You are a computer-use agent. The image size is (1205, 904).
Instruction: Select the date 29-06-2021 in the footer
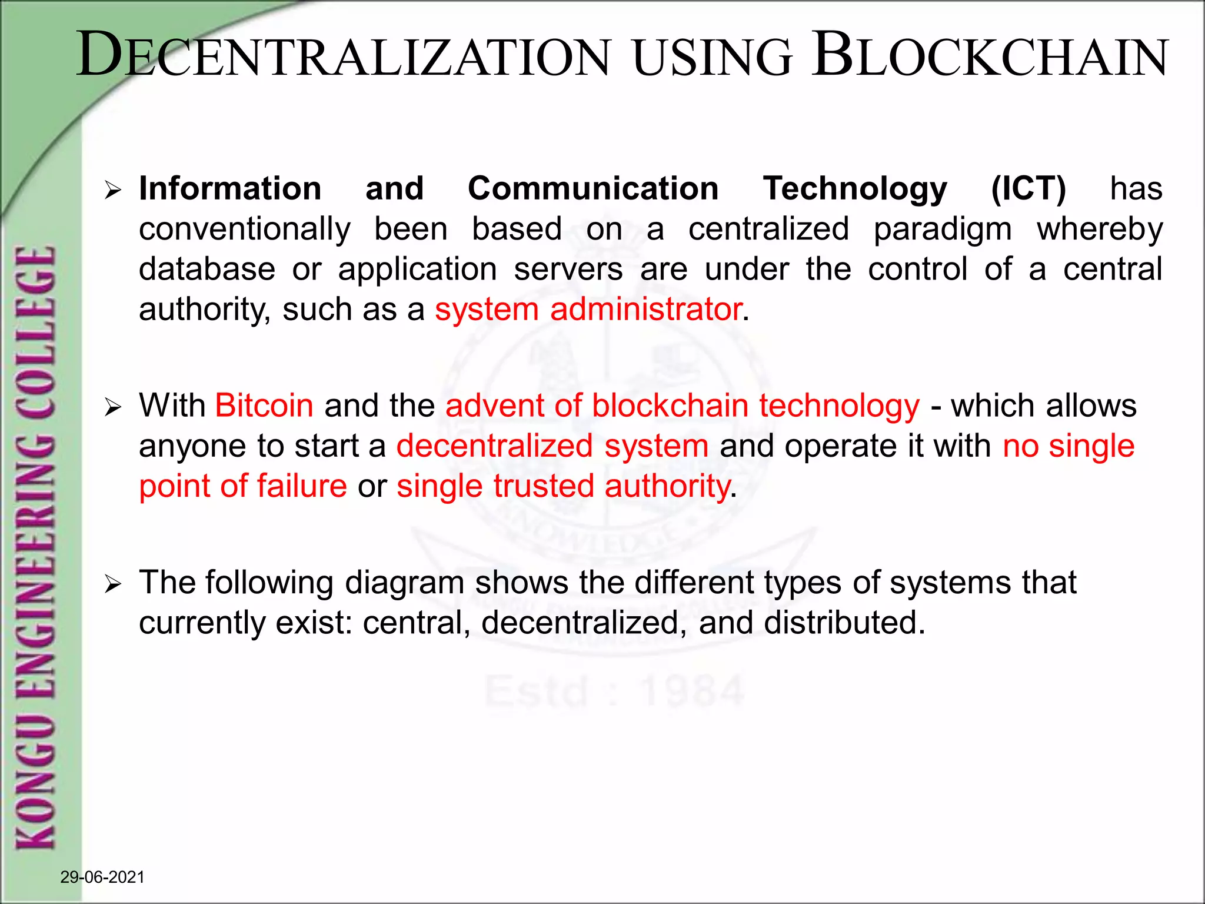(102, 877)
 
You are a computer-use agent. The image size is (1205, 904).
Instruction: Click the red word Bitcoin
(264, 406)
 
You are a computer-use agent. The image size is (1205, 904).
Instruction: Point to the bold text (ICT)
(1028, 189)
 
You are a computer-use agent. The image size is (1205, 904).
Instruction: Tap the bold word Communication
(593, 189)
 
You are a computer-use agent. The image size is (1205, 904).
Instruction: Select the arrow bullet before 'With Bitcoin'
(112, 407)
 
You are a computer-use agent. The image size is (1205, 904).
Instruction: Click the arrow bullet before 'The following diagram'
(112, 584)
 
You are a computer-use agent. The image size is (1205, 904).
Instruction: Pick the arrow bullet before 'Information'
(112, 190)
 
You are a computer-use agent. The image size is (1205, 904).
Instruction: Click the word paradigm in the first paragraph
(942, 230)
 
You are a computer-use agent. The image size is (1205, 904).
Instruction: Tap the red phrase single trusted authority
(563, 486)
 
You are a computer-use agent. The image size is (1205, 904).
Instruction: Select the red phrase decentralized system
(552, 446)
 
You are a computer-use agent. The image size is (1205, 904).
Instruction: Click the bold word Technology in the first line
(855, 189)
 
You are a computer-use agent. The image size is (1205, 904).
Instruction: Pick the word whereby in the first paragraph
(1099, 230)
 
